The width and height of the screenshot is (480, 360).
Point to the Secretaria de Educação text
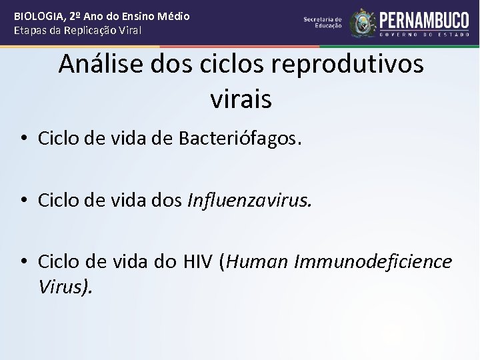[x=323, y=23]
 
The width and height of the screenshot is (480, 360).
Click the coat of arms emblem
[x=363, y=22]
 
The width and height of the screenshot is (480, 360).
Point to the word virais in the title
[x=241, y=99]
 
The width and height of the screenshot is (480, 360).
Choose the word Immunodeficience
[x=371, y=262]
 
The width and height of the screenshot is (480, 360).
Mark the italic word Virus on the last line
[x=65, y=287]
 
